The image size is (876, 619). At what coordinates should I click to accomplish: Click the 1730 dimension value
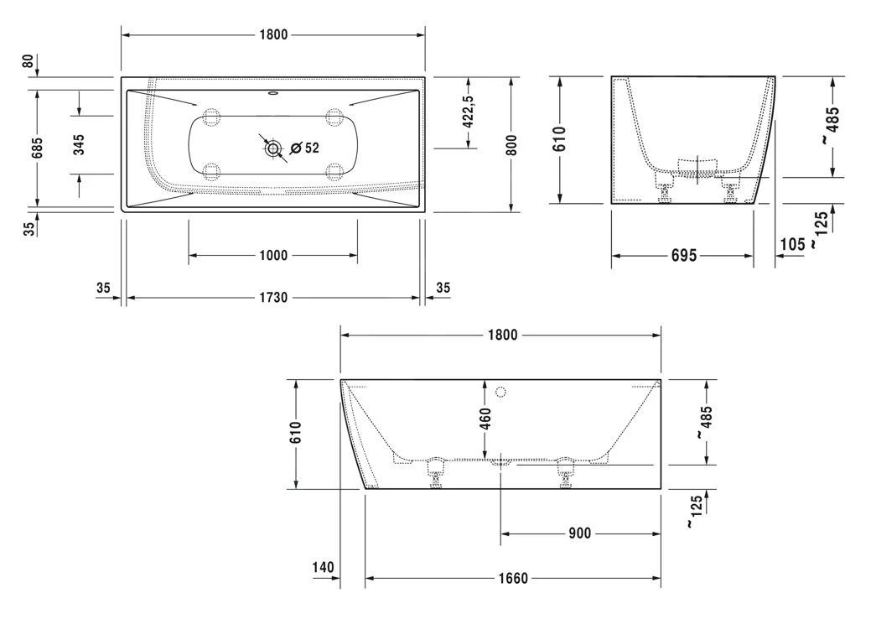[273, 298]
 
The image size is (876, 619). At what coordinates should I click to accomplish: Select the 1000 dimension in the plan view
[273, 255]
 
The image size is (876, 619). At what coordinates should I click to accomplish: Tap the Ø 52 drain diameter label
[304, 148]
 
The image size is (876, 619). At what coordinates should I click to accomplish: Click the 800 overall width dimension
[511, 144]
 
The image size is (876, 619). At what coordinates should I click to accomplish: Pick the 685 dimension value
[37, 147]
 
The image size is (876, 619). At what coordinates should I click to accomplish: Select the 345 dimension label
[79, 144]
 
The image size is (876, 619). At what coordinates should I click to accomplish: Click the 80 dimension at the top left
[29, 61]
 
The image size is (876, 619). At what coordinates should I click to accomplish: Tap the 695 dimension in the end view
[683, 256]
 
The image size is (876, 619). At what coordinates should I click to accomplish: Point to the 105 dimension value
[792, 243]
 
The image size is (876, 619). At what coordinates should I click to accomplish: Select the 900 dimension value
[580, 533]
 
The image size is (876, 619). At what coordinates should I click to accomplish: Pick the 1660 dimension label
[513, 578]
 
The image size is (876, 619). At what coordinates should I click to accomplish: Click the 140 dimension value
[323, 568]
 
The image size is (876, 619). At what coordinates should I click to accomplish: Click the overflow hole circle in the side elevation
[501, 392]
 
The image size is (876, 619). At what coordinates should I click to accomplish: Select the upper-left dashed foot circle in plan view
[210, 117]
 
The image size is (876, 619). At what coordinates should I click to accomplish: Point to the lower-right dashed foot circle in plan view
[335, 173]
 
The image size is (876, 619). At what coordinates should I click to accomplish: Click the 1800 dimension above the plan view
[273, 34]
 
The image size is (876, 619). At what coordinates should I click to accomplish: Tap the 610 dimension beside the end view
[560, 140]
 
